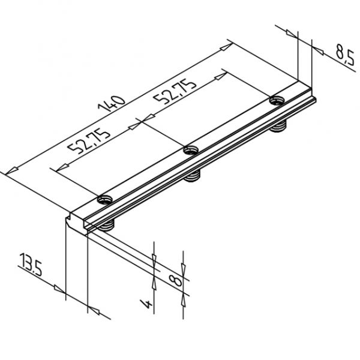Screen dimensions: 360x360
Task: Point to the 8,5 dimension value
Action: [343, 55]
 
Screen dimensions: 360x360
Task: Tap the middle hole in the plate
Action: [191, 149]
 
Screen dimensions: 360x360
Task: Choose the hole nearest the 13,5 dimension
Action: [106, 199]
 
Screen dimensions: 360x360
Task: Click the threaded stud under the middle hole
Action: [193, 176]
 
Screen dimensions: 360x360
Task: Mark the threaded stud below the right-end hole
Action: [278, 127]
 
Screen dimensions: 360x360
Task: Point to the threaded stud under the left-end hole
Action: [107, 226]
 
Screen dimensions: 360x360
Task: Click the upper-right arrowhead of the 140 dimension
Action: [227, 45]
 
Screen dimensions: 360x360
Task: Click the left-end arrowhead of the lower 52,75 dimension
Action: [58, 169]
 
